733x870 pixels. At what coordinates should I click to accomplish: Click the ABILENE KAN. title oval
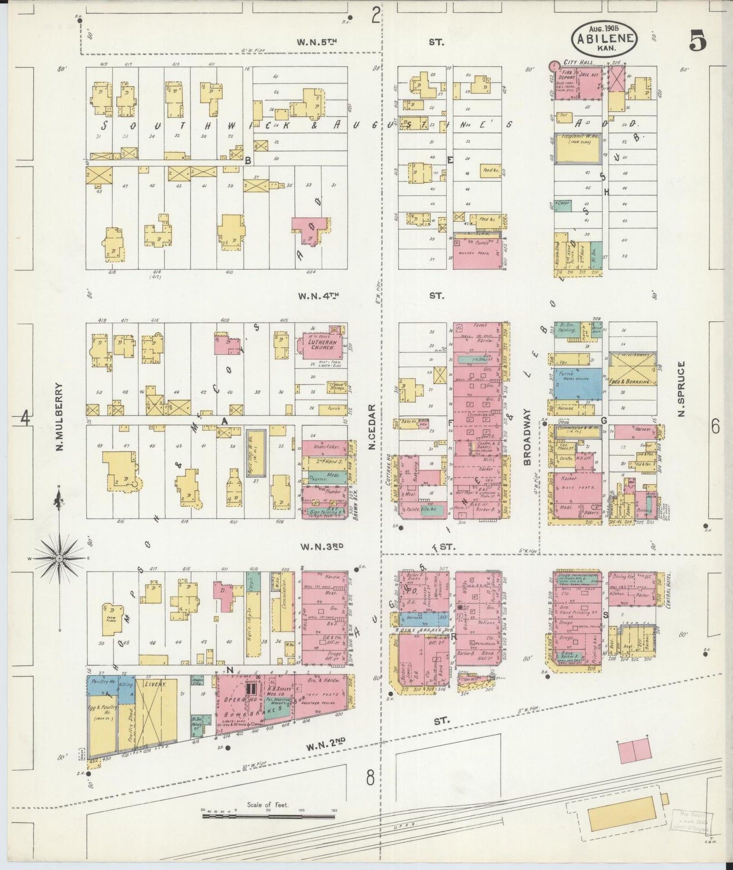[x=604, y=37]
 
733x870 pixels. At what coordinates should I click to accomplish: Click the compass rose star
[x=59, y=558]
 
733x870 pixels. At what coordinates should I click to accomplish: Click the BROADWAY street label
[x=527, y=437]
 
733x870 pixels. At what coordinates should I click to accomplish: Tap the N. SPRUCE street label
[x=683, y=388]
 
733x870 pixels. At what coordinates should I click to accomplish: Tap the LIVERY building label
[x=155, y=684]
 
